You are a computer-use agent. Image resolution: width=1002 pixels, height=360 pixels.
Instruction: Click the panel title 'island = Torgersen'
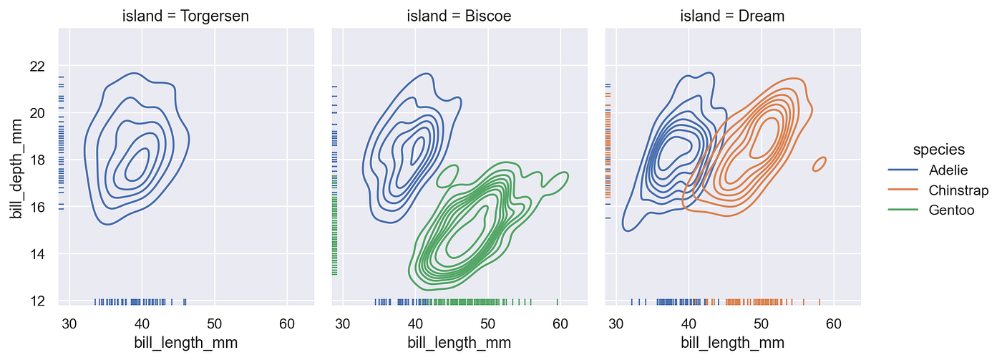[185, 15]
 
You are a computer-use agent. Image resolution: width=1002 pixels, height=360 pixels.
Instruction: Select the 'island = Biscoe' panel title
[459, 15]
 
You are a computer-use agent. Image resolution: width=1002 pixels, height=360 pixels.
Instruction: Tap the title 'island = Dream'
[733, 15]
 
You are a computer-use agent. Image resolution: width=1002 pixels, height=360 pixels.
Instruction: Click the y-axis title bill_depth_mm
[15, 160]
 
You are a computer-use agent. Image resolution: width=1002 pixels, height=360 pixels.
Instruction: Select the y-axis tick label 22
[37, 67]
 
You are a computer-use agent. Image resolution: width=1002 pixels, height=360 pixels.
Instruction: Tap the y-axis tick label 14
[37, 254]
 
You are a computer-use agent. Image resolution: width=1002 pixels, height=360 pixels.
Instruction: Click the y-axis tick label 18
[37, 160]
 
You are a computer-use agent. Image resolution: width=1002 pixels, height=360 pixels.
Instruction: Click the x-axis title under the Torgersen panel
[185, 342]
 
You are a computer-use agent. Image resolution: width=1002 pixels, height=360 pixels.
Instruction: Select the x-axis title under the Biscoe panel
[459, 342]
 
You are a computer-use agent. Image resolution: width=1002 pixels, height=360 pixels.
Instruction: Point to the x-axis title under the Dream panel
[733, 342]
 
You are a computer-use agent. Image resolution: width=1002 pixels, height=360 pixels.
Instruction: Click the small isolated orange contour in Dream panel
[820, 164]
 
